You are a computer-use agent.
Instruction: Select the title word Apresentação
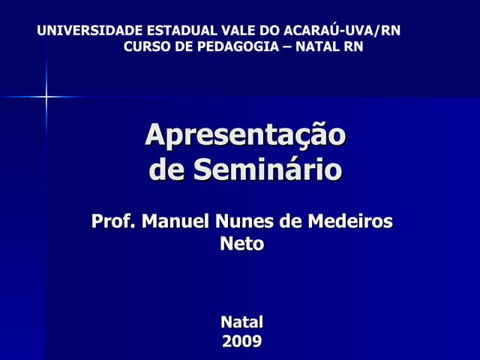click(x=245, y=135)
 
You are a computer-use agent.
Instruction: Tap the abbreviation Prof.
click(x=113, y=222)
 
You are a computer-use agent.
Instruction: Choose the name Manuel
click(x=175, y=222)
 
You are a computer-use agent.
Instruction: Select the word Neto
click(x=241, y=244)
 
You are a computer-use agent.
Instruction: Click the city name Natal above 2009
click(x=241, y=322)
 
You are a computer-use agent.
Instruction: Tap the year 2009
click(x=241, y=342)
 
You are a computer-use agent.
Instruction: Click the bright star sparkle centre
click(x=46, y=96)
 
